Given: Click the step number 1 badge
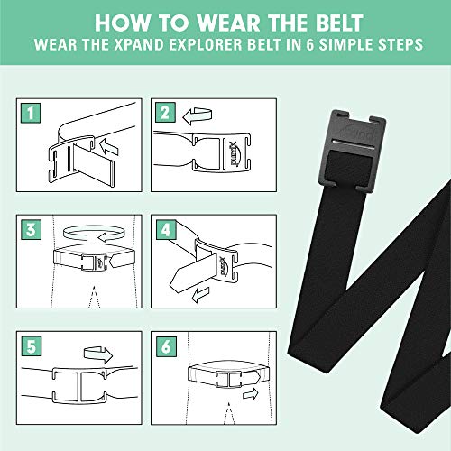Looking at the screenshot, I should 32,114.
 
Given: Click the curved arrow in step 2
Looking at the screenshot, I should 198,115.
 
